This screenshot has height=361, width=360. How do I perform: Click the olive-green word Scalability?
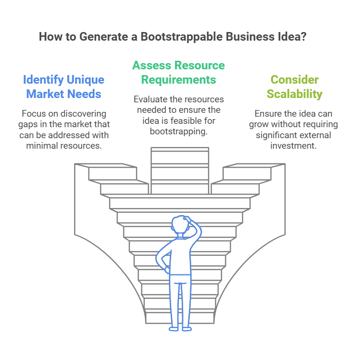295,94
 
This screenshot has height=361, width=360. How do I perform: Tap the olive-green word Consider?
295,79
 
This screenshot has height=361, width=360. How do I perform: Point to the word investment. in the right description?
294,146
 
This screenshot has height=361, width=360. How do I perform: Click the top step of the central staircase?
180,149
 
